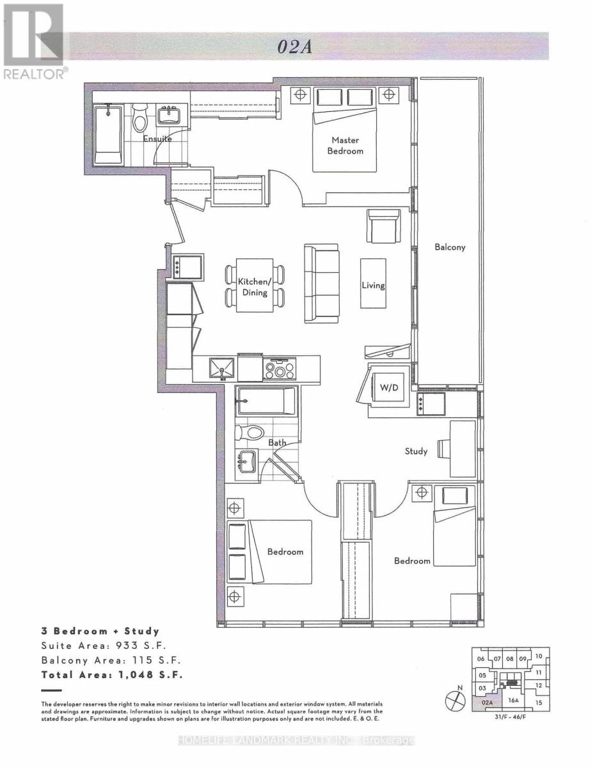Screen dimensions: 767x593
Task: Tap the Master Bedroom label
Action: pos(345,146)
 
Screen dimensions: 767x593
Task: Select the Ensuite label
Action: pos(157,139)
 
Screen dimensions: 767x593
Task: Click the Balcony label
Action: pos(449,247)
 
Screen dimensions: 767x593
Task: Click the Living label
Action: pos(373,285)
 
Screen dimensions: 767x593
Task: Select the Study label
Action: pos(416,451)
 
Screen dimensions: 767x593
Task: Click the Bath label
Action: pos(277,442)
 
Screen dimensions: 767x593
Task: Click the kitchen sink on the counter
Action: pos(223,369)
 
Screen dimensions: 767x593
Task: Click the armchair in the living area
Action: pos(383,227)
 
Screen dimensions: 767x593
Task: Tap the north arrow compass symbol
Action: pos(454,700)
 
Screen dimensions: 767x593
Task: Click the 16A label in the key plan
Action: pos(512,701)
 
